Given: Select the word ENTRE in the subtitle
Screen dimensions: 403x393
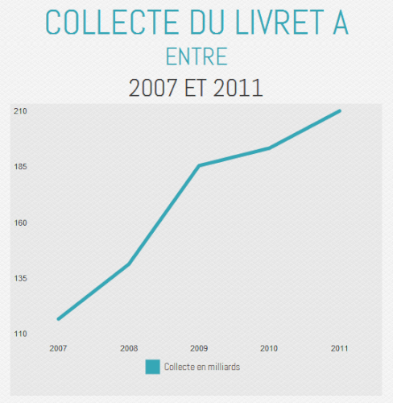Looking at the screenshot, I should [196, 56].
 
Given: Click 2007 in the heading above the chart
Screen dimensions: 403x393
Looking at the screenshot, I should [160, 87].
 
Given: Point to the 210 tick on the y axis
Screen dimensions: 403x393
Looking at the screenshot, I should [21, 111].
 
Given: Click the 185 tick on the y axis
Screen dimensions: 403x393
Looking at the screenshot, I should [21, 167].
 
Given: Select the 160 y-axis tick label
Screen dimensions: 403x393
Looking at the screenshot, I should [21, 222].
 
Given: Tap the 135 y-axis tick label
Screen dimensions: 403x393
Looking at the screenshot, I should [21, 278].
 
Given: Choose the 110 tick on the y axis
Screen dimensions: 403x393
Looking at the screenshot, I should [21, 334].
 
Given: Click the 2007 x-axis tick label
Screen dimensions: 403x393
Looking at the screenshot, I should [58, 348].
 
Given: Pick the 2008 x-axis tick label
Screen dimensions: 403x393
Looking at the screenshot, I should [129, 348].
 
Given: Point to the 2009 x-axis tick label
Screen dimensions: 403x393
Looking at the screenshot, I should [199, 348].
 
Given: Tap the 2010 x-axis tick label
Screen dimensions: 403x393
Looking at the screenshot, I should [269, 348].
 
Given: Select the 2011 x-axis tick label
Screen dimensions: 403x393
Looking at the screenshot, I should [339, 348].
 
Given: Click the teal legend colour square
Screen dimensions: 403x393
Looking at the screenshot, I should [153, 367].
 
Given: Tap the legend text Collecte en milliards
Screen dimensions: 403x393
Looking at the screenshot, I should [202, 367].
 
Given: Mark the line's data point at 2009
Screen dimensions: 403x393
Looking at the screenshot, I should [199, 165].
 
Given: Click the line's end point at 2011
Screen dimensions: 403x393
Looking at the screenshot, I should [339, 110].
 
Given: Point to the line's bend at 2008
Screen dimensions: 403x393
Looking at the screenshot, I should [129, 264].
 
